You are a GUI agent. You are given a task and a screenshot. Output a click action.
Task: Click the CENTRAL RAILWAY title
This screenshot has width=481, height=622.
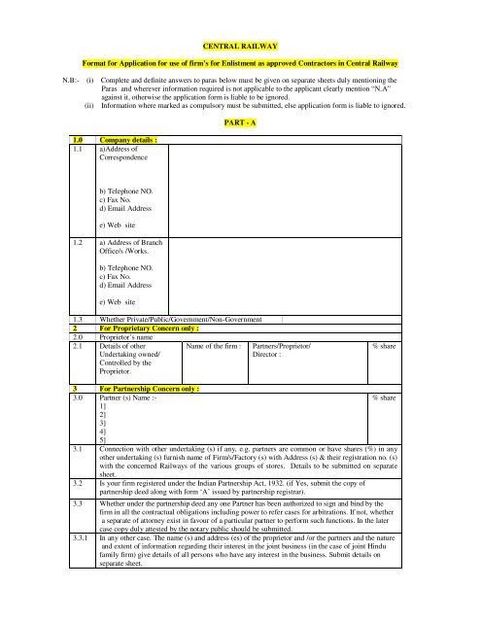(241, 46)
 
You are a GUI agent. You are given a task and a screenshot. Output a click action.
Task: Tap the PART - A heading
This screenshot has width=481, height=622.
(240, 124)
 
